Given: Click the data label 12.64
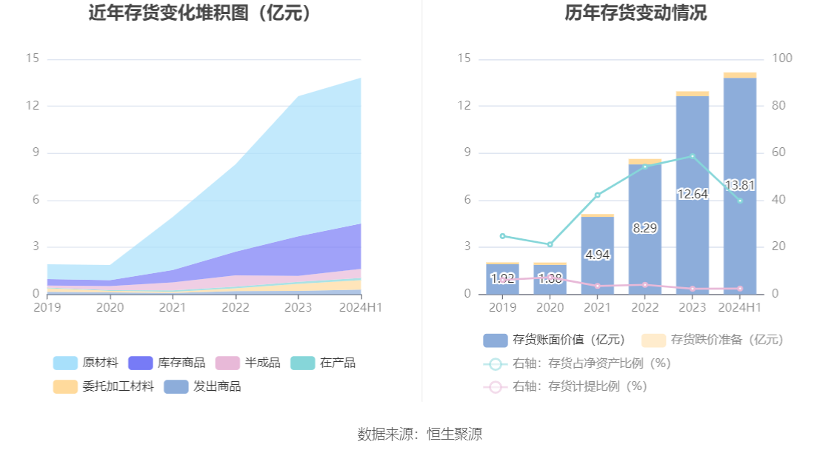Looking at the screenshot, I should pyautogui.click(x=692, y=194).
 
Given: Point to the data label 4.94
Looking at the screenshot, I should pyautogui.click(x=597, y=255).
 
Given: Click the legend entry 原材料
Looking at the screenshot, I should pyautogui.click(x=86, y=363).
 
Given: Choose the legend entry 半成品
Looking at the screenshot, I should pyautogui.click(x=248, y=363).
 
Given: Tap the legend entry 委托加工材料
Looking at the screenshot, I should pyautogui.click(x=104, y=386).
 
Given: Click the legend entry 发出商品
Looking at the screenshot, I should pyautogui.click(x=202, y=386).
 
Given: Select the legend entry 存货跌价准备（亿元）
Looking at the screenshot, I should pyautogui.click(x=712, y=340).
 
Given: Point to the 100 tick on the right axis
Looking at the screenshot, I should pyautogui.click(x=782, y=58).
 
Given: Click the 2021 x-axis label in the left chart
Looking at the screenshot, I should pyautogui.click(x=173, y=307).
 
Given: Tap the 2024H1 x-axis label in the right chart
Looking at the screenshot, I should pyautogui.click(x=739, y=307).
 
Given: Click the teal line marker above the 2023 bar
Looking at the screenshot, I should pyautogui.click(x=692, y=156).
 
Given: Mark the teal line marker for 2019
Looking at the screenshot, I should pyautogui.click(x=502, y=236).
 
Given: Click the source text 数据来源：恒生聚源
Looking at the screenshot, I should pyautogui.click(x=420, y=434).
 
